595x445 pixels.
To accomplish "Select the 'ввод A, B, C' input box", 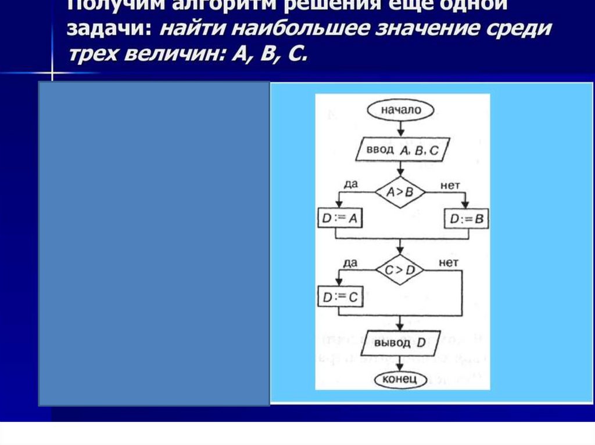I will (x=400, y=150).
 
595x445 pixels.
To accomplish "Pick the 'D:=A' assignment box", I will (x=339, y=219).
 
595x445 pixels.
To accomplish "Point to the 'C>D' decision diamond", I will (x=400, y=269).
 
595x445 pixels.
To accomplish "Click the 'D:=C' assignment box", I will (x=339, y=297).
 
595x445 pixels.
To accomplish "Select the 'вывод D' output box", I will (x=400, y=343).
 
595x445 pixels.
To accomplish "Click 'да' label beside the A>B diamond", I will (x=350, y=184).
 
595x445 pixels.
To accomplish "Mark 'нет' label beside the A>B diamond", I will (x=450, y=184).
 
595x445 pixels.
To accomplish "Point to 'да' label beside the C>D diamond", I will (x=350, y=262).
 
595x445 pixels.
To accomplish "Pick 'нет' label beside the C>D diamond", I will (x=449, y=263).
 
